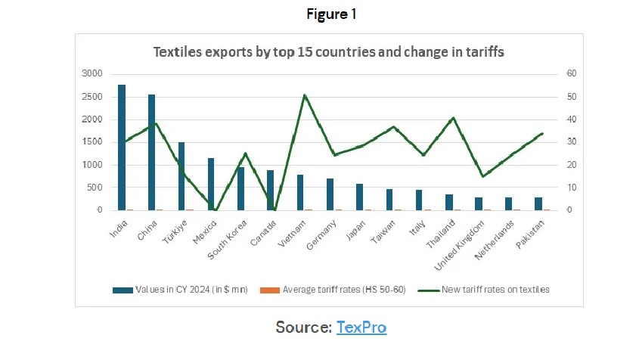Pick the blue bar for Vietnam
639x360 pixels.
[x=300, y=192]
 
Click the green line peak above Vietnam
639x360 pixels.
[x=304, y=95]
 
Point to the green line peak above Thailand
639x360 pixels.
[x=453, y=118]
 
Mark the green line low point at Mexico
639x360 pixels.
[x=216, y=210]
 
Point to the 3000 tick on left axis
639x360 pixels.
[x=92, y=73]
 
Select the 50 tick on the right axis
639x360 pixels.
[x=572, y=96]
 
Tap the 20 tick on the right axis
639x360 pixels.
[x=572, y=164]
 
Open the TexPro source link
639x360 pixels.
[x=361, y=327]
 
